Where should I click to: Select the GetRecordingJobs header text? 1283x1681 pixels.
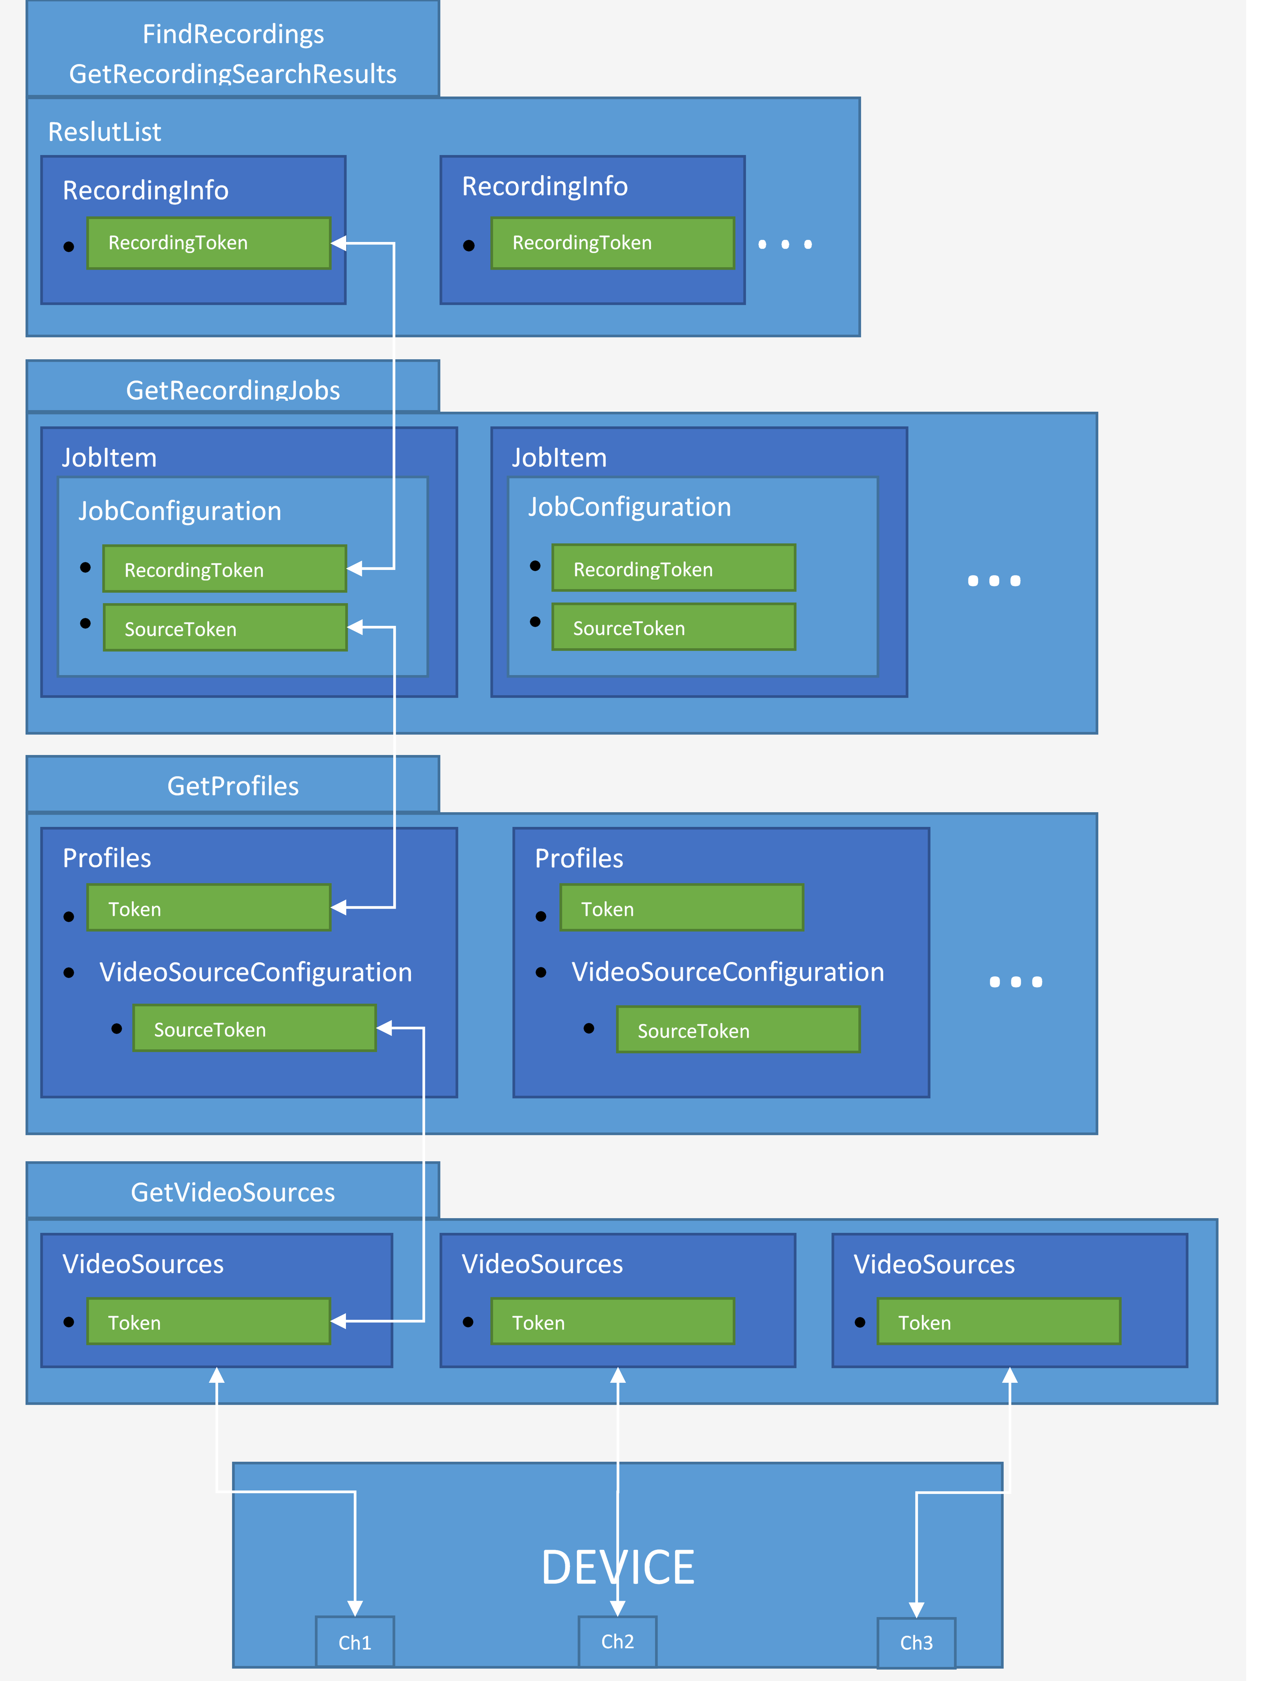(x=233, y=390)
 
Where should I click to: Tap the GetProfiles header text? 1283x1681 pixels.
(x=233, y=786)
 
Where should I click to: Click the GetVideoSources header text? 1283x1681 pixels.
(x=233, y=1192)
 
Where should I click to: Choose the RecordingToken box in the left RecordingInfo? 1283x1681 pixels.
(x=208, y=243)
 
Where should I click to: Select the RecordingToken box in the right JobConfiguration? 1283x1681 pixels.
(x=674, y=569)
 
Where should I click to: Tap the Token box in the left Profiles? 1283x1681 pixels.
(x=208, y=908)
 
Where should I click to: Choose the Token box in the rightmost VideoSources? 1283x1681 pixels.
(x=998, y=1322)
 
